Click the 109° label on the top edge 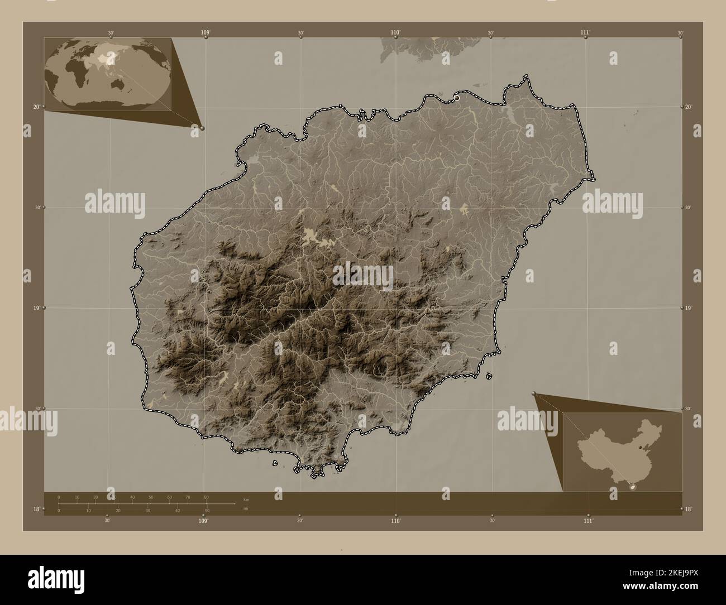tap(206, 33)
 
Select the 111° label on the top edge tap(585, 33)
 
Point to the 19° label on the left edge tap(37, 308)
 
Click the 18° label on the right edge tap(689, 509)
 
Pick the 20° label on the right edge tap(689, 107)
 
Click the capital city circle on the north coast tap(457, 98)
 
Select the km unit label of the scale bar tap(246, 499)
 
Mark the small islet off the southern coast tap(275, 463)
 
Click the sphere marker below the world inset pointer tap(202, 128)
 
